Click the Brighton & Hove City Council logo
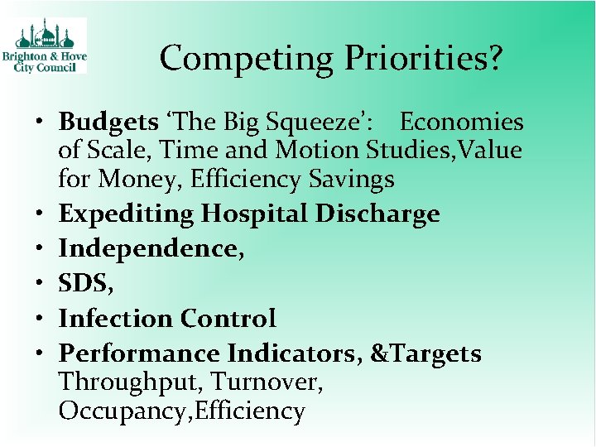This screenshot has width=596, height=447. pos(50,46)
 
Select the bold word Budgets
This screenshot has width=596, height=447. pos(108,123)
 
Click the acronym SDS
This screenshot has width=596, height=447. pos(83,284)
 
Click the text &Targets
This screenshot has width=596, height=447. pos(425,354)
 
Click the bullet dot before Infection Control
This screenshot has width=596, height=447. pos(41,319)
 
